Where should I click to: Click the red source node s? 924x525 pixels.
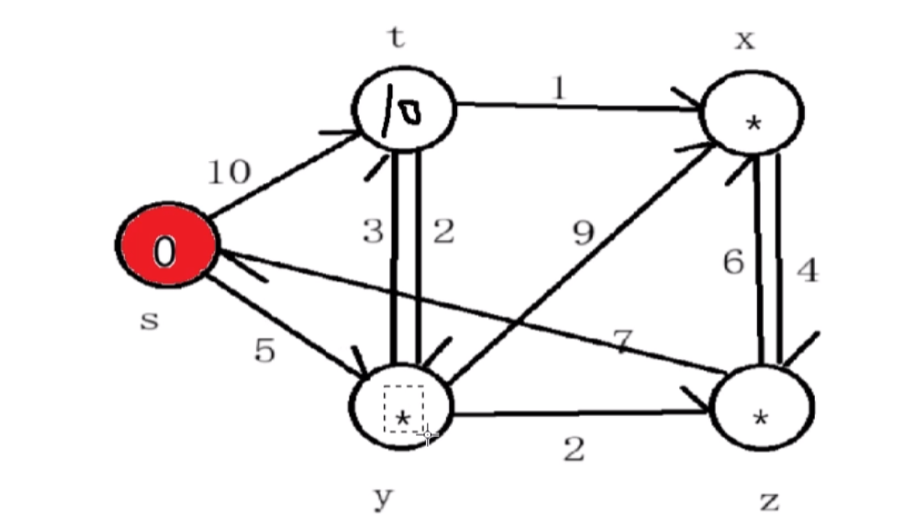coord(167,245)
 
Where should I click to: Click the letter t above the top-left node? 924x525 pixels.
coord(396,37)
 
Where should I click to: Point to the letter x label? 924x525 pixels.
coord(744,39)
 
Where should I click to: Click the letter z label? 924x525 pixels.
coord(768,501)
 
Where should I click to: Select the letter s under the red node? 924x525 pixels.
coord(149,319)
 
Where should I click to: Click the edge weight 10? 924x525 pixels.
coord(229,172)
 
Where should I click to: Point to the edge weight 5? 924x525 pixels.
coord(264,351)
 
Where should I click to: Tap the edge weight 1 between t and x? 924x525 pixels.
coord(559,88)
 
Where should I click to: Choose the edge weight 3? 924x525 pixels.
coord(373,231)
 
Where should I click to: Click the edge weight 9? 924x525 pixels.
coord(584,234)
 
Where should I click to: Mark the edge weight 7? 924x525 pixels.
coord(621,342)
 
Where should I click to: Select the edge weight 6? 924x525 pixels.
coord(733,262)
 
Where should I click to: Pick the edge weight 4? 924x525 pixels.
coord(807,270)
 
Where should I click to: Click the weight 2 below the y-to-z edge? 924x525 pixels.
coord(574,450)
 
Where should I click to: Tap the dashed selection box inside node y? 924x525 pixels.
coord(403,408)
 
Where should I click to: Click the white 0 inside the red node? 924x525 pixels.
coord(165,251)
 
